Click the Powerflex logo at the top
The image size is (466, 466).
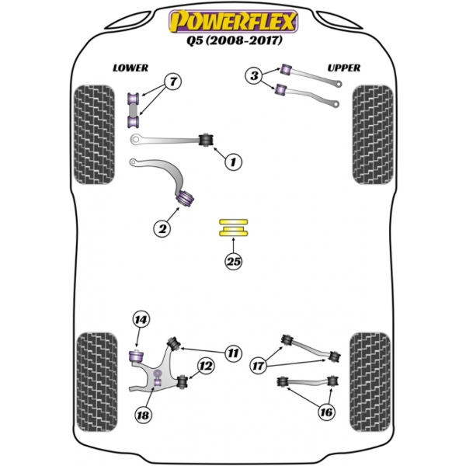pos(232,18)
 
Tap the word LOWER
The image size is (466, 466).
pos(130,68)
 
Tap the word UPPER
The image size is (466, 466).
pos(343,68)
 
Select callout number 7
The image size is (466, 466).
pos(172,82)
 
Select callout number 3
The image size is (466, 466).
pos(255,75)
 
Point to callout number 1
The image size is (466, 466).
pos(231,162)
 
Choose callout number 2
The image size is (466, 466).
pos(162,228)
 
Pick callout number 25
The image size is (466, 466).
pos(233,262)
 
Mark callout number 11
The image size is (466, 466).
pos(231,353)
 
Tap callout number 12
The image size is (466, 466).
pos(205,366)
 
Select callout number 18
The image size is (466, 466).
pos(142,416)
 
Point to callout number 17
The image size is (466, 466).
pos(257,364)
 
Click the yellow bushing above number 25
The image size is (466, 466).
pos(232,228)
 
